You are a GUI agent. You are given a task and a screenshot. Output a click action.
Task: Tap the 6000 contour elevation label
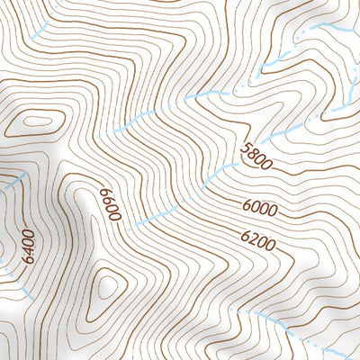pyautogui.click(x=260, y=209)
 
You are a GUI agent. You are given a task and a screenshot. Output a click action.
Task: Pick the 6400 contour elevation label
pyautogui.click(x=28, y=245)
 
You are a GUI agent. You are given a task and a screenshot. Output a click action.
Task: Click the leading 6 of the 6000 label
pyautogui.click(x=247, y=206)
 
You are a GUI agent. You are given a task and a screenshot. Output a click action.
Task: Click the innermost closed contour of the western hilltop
pyautogui.click(x=38, y=120)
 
